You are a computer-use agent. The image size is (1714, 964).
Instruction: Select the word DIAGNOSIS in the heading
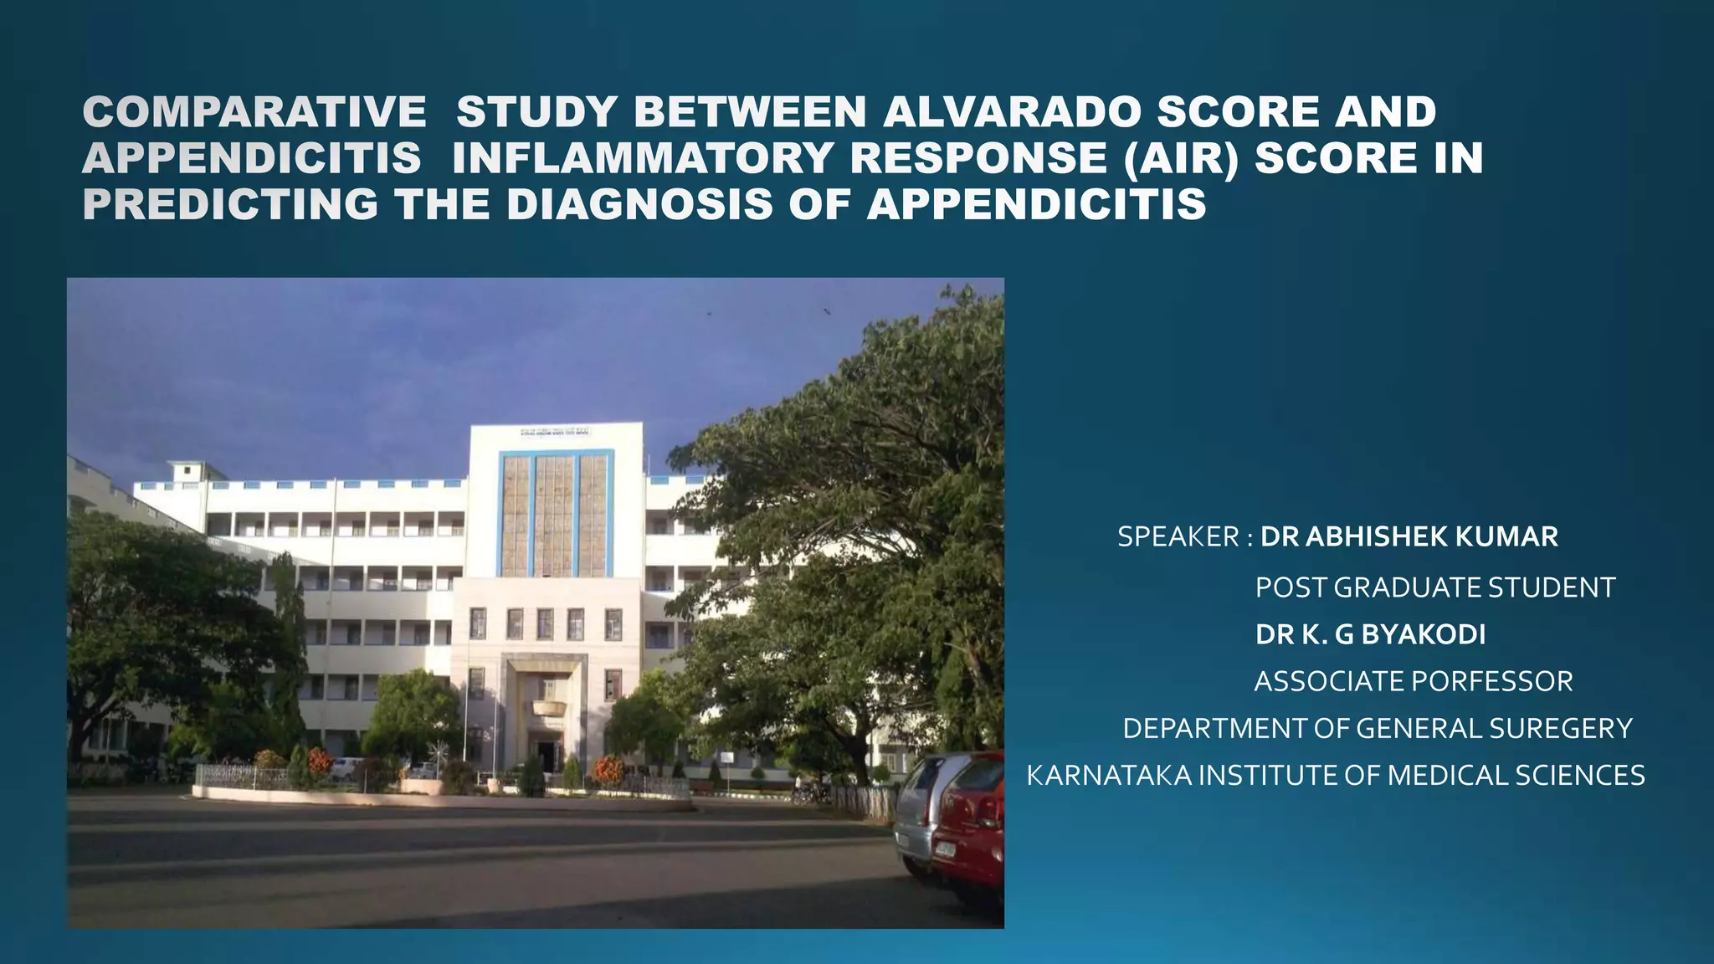pyautogui.click(x=639, y=205)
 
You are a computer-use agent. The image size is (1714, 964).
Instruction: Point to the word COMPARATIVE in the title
pyautogui.click(x=254, y=113)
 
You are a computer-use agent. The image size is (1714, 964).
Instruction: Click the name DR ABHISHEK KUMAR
pyautogui.click(x=1409, y=537)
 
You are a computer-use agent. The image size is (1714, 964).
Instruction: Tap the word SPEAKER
pyautogui.click(x=1178, y=537)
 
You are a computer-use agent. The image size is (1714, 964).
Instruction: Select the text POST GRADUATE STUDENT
pyautogui.click(x=1434, y=587)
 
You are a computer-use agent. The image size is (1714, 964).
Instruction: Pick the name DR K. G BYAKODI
pyautogui.click(x=1370, y=635)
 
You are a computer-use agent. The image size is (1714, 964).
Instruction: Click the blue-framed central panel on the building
pyautogui.click(x=556, y=513)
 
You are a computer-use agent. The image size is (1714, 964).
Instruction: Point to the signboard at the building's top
pyautogui.click(x=553, y=432)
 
